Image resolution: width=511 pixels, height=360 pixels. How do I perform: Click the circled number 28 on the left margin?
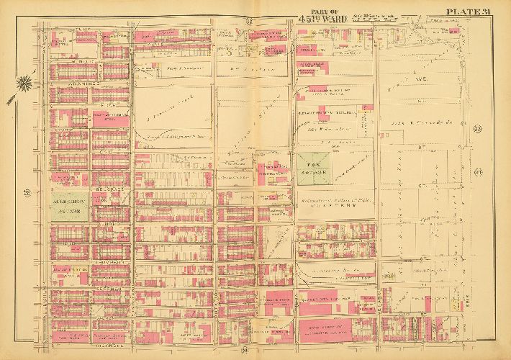coord(27,192)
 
